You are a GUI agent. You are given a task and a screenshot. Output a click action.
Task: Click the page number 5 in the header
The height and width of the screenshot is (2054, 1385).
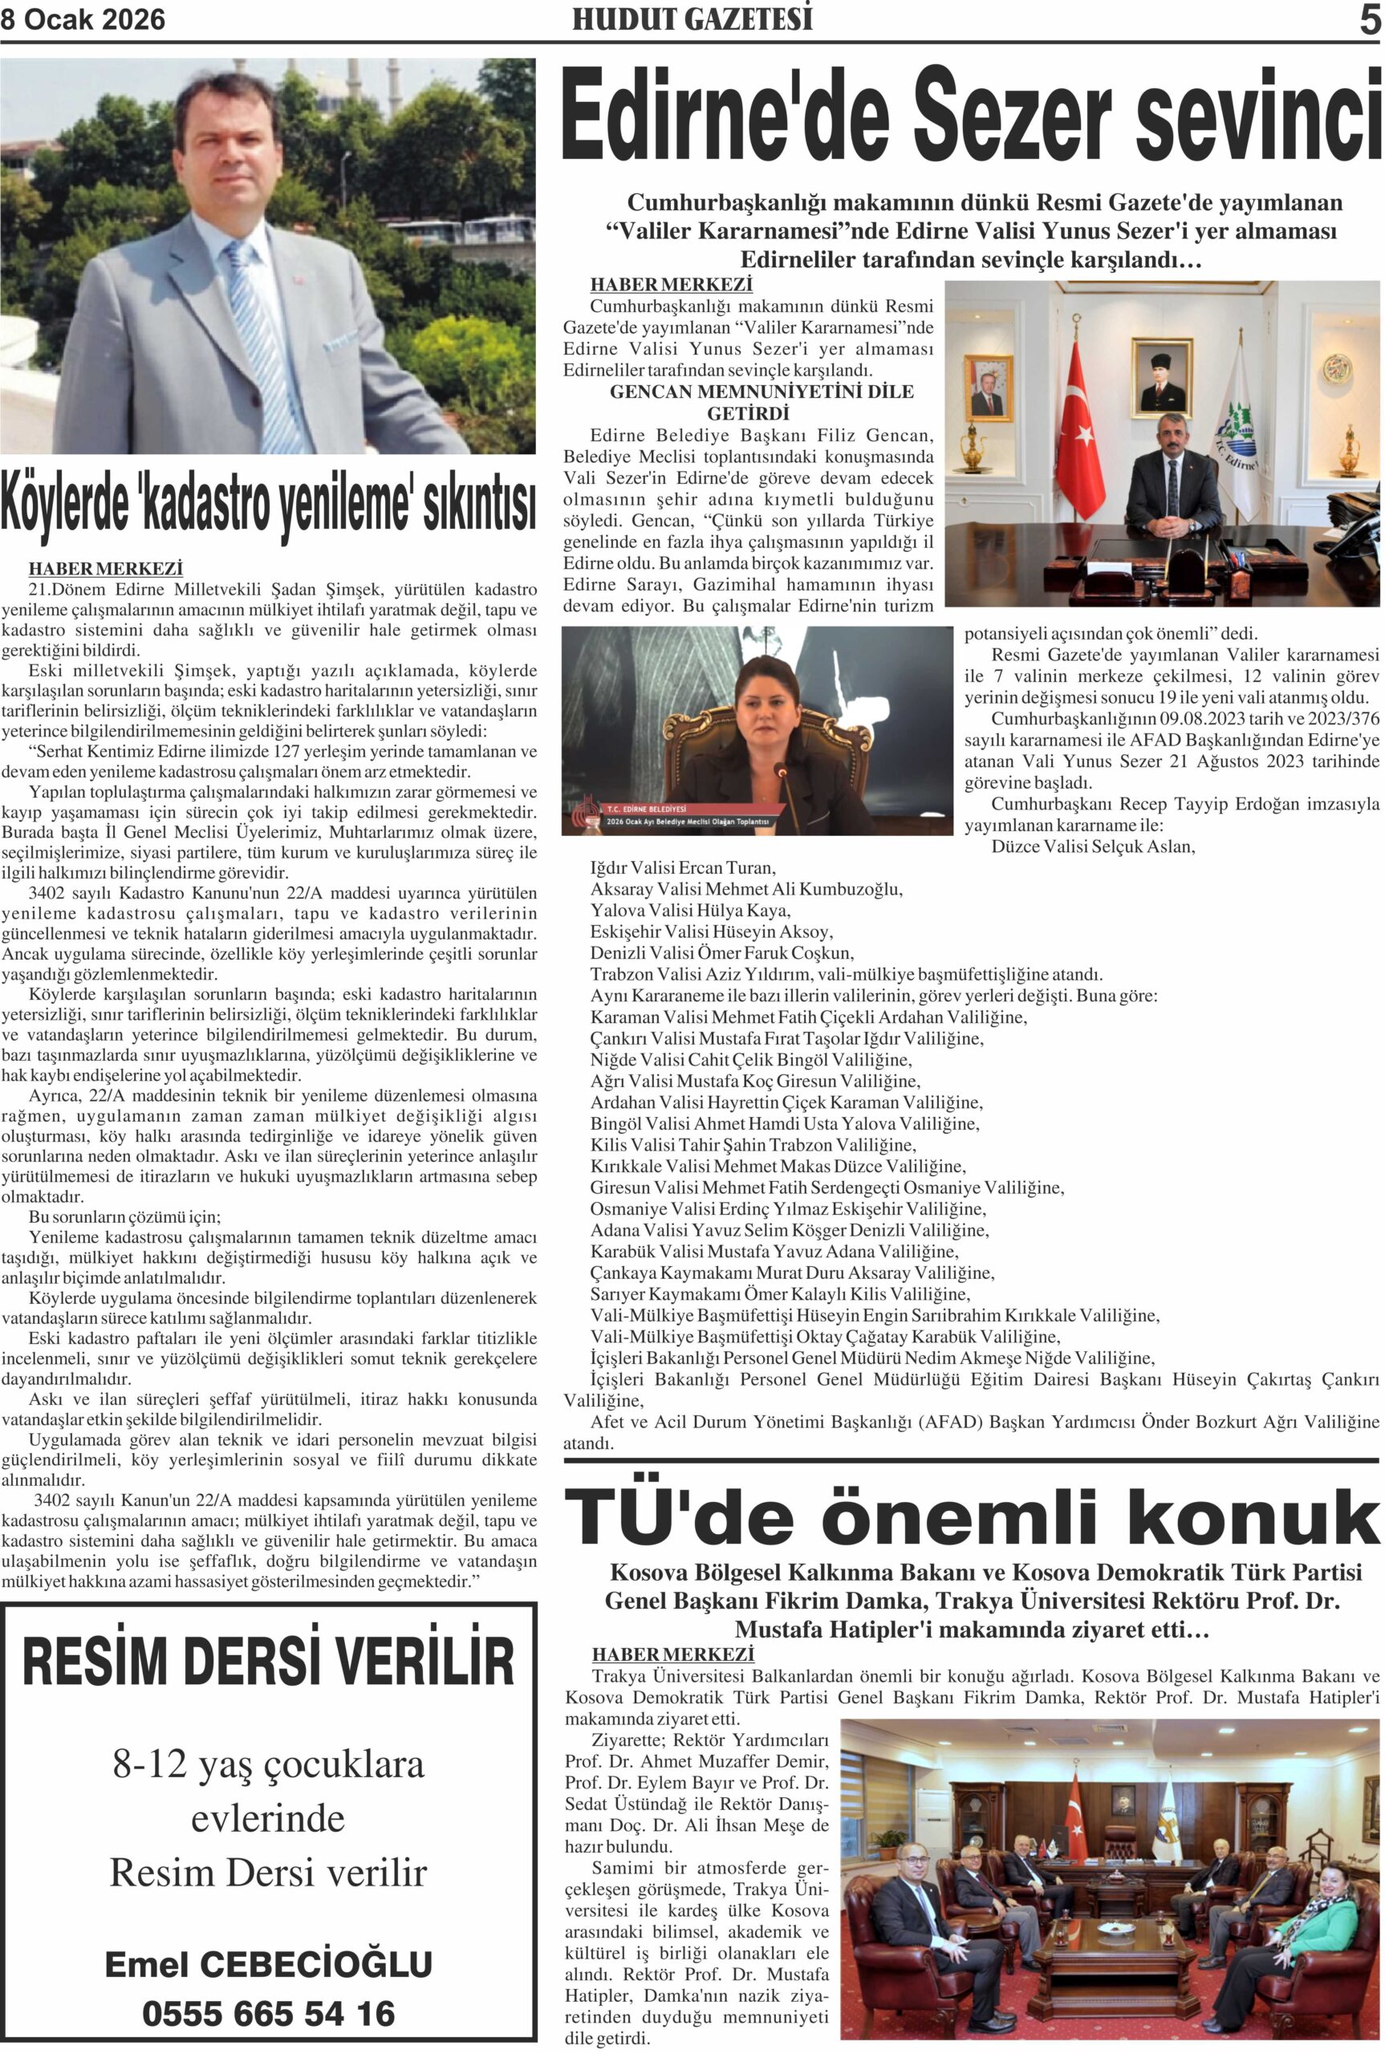[x=1369, y=19]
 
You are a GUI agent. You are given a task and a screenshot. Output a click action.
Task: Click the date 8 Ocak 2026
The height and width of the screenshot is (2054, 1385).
[x=83, y=20]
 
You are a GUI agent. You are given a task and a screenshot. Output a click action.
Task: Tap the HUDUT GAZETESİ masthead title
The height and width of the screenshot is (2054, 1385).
[x=692, y=19]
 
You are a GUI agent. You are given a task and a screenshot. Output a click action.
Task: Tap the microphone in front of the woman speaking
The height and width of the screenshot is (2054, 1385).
[x=781, y=771]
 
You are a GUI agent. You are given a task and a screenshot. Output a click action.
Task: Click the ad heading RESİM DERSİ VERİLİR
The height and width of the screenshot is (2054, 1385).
[x=268, y=1661]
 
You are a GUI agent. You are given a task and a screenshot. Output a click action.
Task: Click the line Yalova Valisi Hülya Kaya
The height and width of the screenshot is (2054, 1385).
[x=690, y=911]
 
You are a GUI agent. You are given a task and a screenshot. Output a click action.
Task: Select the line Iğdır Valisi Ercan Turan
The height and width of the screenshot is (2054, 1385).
[x=683, y=867]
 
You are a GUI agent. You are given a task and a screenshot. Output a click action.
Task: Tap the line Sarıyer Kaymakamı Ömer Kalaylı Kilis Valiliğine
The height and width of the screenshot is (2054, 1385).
[x=780, y=1294]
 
